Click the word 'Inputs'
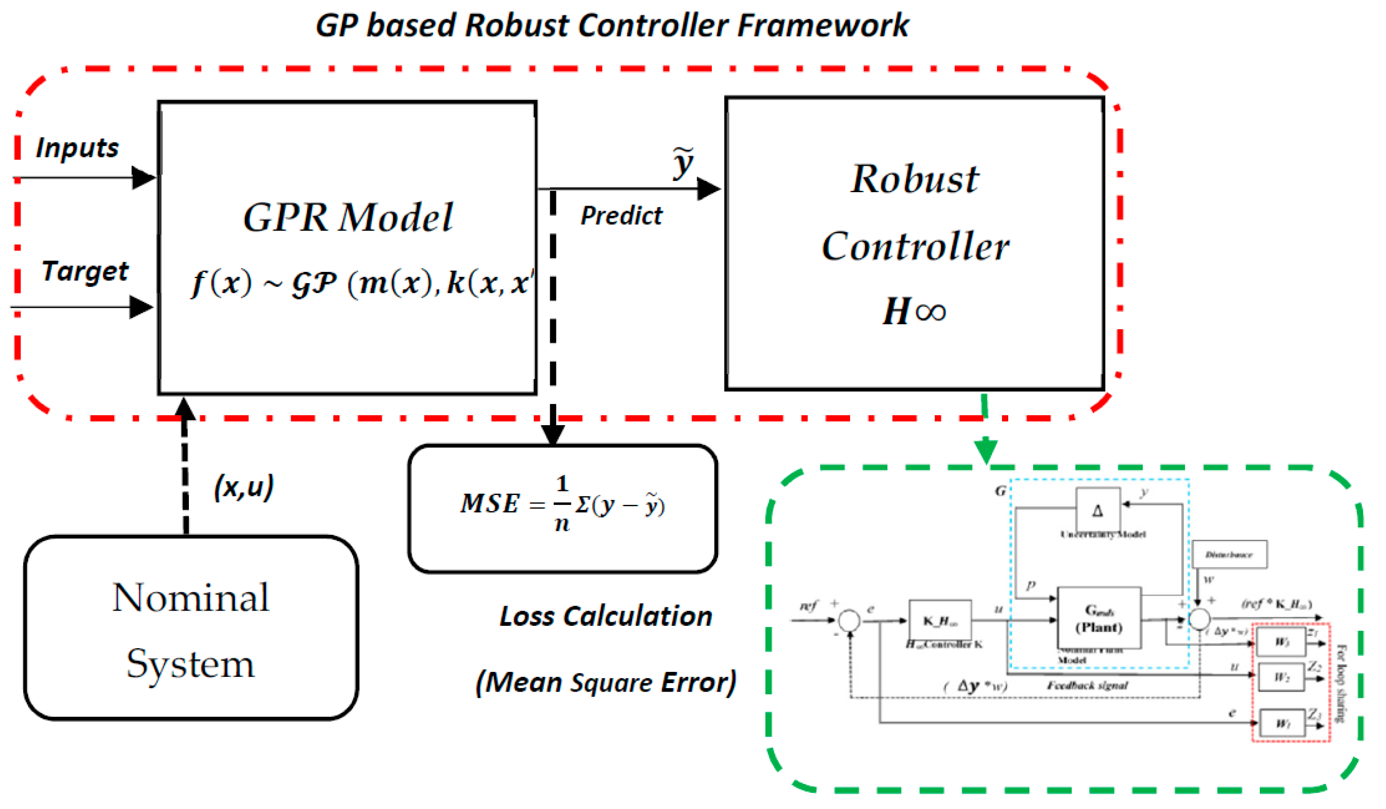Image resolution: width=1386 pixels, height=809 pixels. pyautogui.click(x=77, y=147)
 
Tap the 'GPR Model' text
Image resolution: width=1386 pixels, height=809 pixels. pyautogui.click(x=347, y=217)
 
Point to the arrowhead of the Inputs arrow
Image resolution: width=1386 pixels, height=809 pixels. pyautogui.click(x=145, y=178)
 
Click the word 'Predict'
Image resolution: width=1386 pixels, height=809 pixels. pyautogui.click(x=621, y=215)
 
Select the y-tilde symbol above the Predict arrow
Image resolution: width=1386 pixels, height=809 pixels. pyautogui.click(x=683, y=162)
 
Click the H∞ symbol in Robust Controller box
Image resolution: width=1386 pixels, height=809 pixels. pyautogui.click(x=914, y=311)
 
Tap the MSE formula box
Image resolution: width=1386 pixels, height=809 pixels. pyautogui.click(x=562, y=509)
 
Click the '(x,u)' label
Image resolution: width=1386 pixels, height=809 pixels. pyautogui.click(x=243, y=486)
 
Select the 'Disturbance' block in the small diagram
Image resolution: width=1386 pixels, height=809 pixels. pyautogui.click(x=1229, y=555)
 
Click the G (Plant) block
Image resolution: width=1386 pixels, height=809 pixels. pyautogui.click(x=1099, y=617)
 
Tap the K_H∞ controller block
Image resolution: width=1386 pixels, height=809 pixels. pyautogui.click(x=940, y=620)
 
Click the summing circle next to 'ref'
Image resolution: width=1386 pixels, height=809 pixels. pyautogui.click(x=849, y=620)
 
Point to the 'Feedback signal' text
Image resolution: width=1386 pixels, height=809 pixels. pyautogui.click(x=1087, y=685)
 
